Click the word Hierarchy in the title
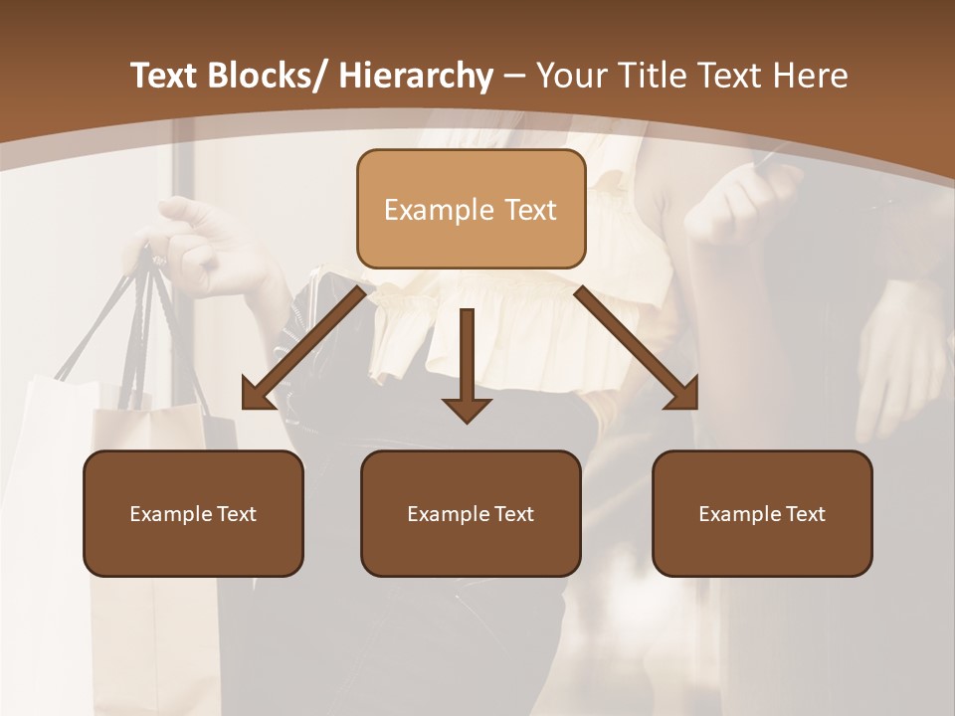416,77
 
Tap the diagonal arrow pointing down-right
638,349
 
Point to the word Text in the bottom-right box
804,514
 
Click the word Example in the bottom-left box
171,514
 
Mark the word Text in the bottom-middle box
512,514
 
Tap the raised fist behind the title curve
741,199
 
